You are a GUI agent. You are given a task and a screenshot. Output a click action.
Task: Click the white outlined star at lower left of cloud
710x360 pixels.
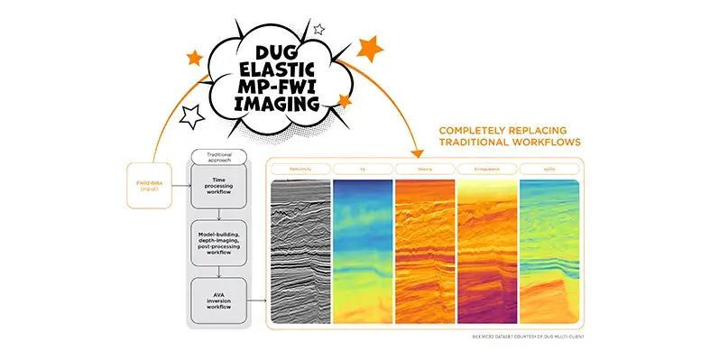(x=191, y=114)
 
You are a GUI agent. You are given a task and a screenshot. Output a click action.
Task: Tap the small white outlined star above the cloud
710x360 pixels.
(x=318, y=29)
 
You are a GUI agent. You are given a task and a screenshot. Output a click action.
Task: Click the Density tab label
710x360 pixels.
(x=425, y=169)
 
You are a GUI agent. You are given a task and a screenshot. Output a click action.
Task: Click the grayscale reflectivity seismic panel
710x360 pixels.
(x=301, y=248)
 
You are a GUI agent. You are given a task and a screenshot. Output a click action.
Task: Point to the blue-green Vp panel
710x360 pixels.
(x=363, y=248)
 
